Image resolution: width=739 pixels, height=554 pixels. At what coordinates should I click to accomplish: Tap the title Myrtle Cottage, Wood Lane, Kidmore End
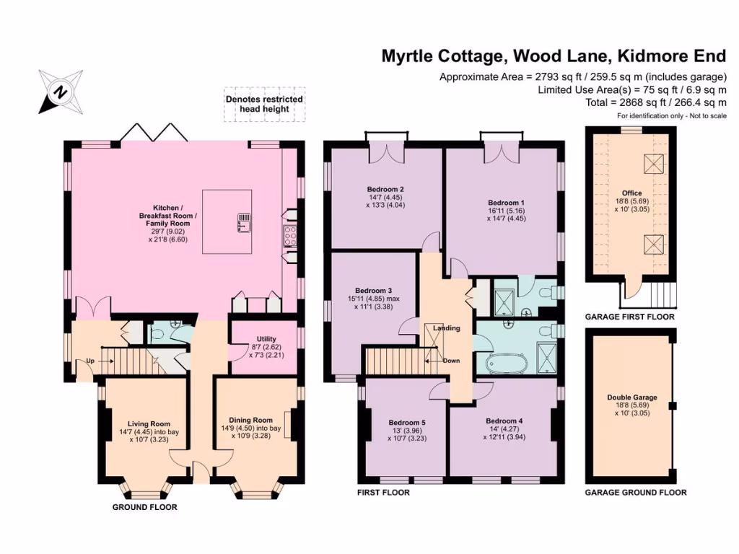(x=554, y=57)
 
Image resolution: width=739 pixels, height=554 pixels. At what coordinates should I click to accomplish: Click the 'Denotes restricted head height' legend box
(x=264, y=104)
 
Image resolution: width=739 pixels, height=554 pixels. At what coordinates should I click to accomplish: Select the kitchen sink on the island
(x=243, y=222)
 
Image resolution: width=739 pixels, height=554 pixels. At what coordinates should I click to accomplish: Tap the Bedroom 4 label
(x=504, y=421)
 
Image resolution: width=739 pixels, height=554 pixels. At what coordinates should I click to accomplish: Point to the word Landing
(x=446, y=328)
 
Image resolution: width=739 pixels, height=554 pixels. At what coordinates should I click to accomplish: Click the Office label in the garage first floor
(x=631, y=193)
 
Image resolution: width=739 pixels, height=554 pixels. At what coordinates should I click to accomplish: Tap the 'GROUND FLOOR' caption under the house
(x=144, y=507)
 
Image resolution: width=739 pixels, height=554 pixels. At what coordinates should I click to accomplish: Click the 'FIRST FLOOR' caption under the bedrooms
(x=383, y=493)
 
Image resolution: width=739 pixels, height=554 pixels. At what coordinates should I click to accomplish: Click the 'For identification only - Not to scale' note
(x=671, y=116)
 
